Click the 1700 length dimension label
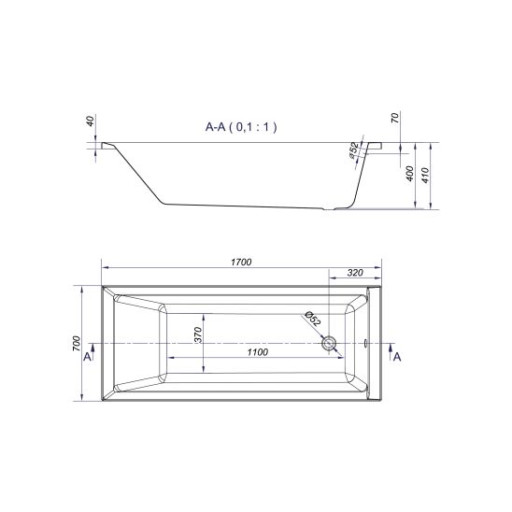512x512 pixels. coord(241,263)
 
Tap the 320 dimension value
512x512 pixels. coord(355,273)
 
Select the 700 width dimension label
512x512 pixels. coord(76,343)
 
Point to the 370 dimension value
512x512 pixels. coord(198,334)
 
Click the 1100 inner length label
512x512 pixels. coord(258,352)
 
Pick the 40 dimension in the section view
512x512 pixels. coord(91,121)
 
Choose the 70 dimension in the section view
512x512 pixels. coord(395,118)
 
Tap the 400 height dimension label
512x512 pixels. coord(409,174)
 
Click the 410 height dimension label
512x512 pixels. coord(425,176)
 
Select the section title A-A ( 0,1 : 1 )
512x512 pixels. coord(241,127)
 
